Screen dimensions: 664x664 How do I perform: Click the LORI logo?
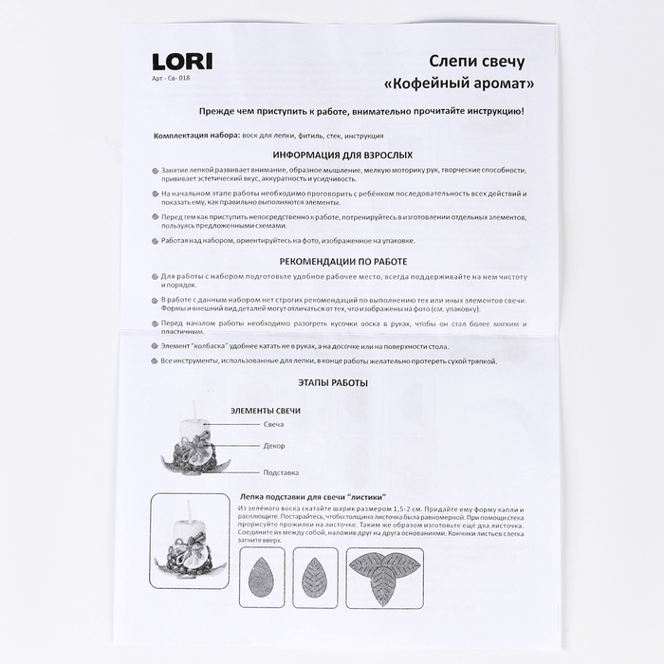tap(182, 62)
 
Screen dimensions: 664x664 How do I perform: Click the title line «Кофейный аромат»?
tap(459, 83)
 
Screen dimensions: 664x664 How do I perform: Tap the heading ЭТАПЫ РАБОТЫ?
tap(332, 383)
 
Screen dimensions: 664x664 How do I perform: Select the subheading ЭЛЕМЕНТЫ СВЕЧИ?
tap(266, 410)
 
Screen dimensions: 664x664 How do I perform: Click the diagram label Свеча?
tap(274, 424)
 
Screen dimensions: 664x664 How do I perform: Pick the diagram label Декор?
tap(274, 446)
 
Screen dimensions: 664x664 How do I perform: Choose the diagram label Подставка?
tap(281, 471)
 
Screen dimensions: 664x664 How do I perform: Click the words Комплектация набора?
tap(197, 136)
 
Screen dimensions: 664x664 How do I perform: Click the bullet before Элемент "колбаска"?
tap(155, 346)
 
